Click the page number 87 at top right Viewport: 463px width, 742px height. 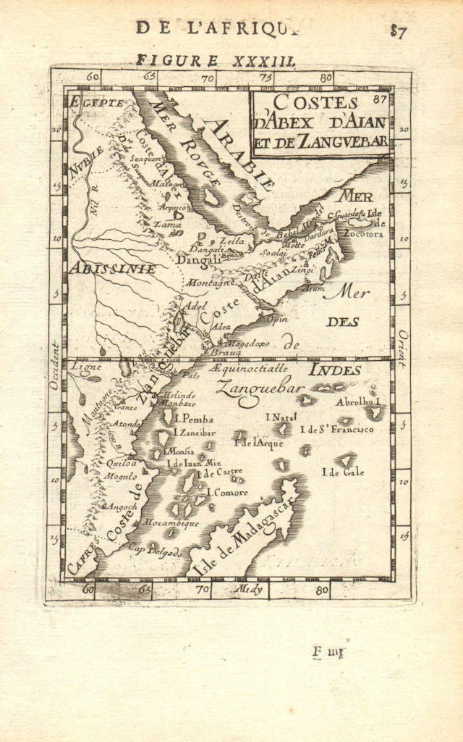point(397,30)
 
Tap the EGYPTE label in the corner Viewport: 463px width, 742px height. point(95,102)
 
